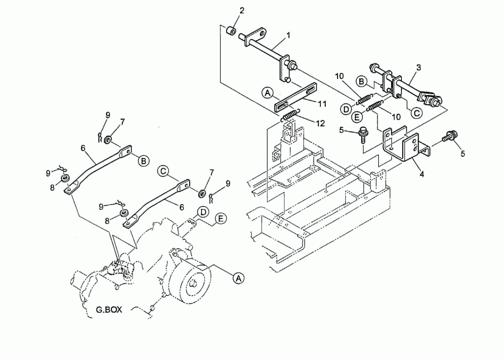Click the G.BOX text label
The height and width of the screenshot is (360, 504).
coord(109,310)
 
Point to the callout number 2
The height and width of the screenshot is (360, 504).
coord(242,11)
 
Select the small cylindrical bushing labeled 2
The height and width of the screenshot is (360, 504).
coord(231,31)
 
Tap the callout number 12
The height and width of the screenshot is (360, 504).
coord(320,124)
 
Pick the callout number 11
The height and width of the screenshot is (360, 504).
coord(322,104)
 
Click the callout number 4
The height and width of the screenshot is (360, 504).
coord(422,174)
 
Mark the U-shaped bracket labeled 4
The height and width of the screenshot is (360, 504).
coord(405,145)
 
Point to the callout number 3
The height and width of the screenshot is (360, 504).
coord(419,67)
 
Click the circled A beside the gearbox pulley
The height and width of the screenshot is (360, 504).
coord(238,278)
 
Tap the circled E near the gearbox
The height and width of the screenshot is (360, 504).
coord(220,219)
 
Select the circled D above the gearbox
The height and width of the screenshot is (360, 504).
coord(203,212)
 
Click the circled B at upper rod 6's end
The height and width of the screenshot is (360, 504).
coord(143,161)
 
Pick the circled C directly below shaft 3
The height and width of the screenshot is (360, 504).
coord(417,113)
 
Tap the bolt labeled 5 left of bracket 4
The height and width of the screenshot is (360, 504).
coord(363,135)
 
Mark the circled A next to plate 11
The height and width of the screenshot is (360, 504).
coord(267,93)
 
